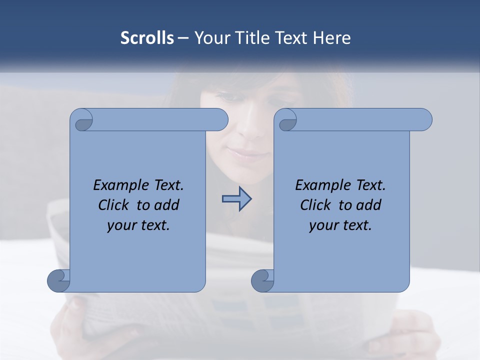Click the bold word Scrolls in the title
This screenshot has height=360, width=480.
pos(147,38)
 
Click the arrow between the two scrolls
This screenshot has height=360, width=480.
pos(236,199)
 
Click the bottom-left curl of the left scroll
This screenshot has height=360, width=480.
pos(59,280)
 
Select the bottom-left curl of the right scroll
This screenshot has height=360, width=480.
pos(263,280)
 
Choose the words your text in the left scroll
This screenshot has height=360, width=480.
pos(138,225)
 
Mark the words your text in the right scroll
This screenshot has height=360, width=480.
pos(340,225)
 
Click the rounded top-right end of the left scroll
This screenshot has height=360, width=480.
pos(219,120)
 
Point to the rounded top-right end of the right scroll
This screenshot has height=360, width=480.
pos(423,120)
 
